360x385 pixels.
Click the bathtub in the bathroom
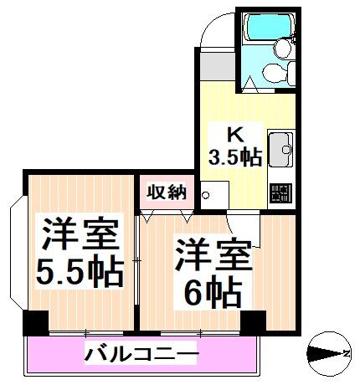pyautogui.click(x=268, y=27)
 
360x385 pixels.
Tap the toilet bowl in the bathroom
pyautogui.click(x=275, y=73)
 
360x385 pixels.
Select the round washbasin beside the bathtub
pyautogui.click(x=283, y=49)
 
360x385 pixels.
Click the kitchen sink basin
pyautogui.click(x=280, y=150)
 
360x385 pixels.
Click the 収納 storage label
pyautogui.click(x=167, y=192)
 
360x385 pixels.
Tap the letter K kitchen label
pyautogui.click(x=236, y=136)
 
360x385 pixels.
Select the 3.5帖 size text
pyautogui.click(x=235, y=157)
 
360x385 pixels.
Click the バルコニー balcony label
pyautogui.click(x=141, y=354)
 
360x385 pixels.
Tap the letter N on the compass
pyautogui.click(x=346, y=353)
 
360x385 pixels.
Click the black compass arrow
pyautogui.click(x=324, y=354)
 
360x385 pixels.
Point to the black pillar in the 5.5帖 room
pyautogui.click(x=35, y=322)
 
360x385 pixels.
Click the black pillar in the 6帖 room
pyautogui.click(x=253, y=322)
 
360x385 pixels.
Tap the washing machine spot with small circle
pyautogui.click(x=214, y=195)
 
